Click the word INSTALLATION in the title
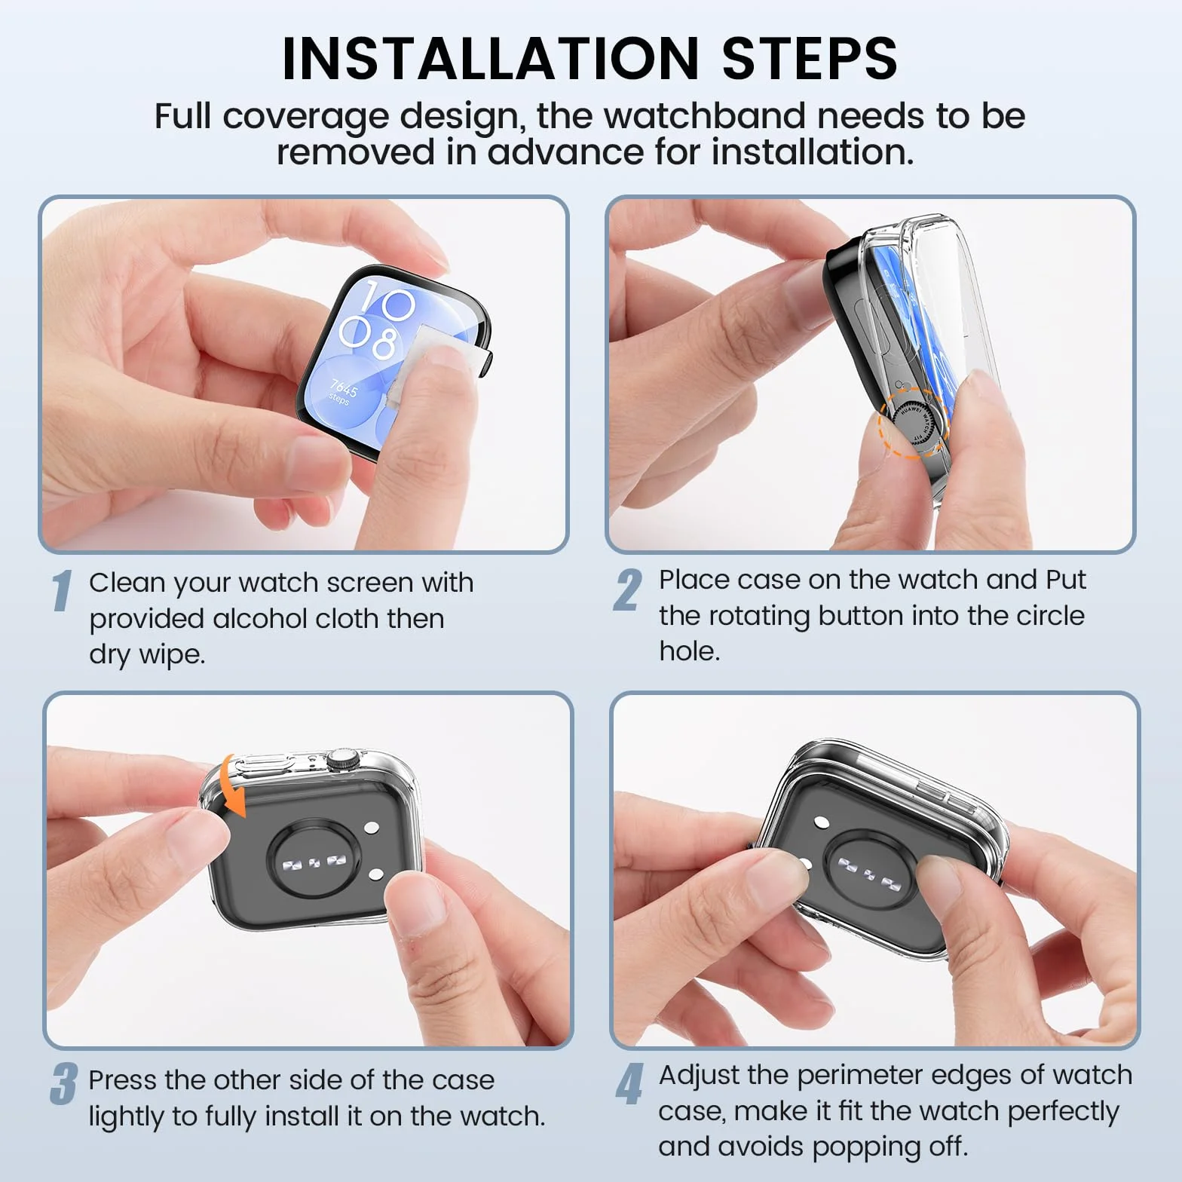tap(491, 58)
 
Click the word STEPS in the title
tap(810, 58)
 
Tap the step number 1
tap(63, 590)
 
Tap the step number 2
tap(627, 590)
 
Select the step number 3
tap(64, 1084)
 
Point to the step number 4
tap(629, 1084)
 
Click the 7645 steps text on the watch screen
tap(342, 391)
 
